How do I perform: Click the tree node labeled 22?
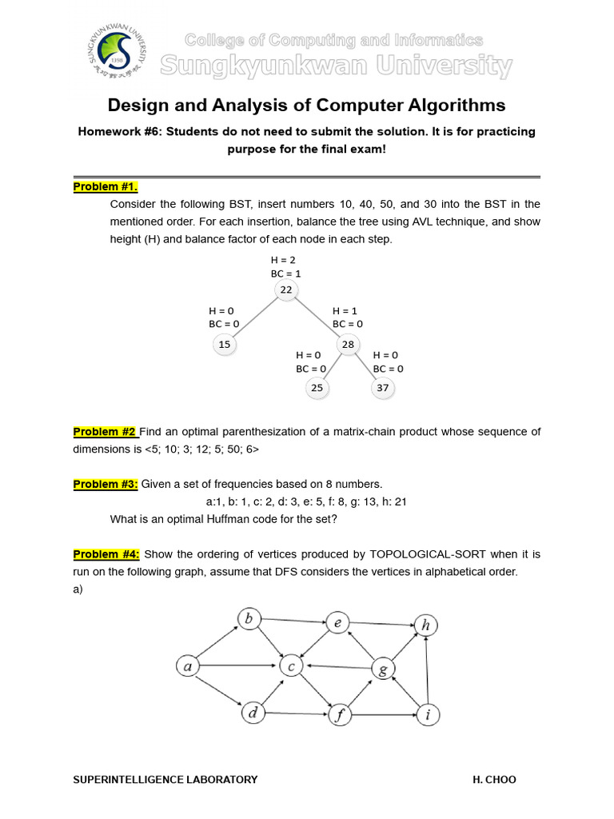click(286, 290)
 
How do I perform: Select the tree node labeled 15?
click(224, 344)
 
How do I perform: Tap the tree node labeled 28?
click(348, 344)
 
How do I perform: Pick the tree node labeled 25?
click(317, 388)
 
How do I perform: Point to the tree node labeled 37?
click(382, 388)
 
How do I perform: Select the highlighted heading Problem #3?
click(106, 484)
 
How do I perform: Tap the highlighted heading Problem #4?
click(106, 553)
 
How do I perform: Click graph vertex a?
click(187, 665)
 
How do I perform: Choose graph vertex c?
click(291, 665)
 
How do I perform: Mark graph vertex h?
click(425, 625)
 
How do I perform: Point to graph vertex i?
click(428, 714)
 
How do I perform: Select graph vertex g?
click(383, 669)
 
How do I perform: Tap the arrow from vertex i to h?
click(427, 670)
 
